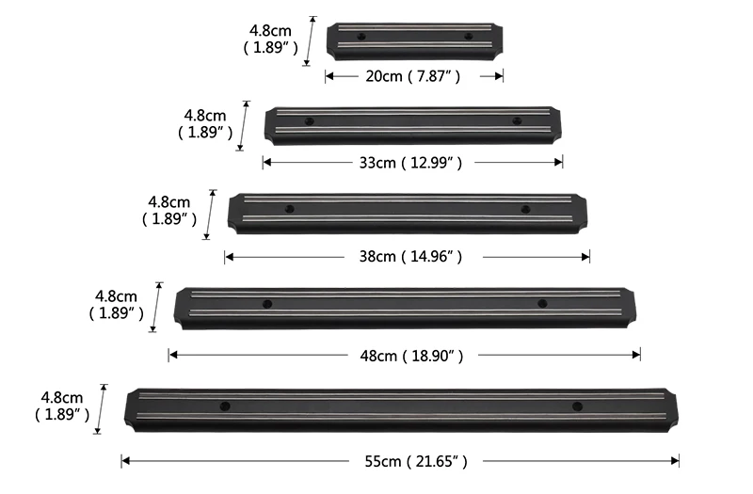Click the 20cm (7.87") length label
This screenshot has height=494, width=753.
click(x=413, y=76)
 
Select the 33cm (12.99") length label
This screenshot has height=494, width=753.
click(x=410, y=163)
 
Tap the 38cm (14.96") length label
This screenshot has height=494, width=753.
click(x=410, y=256)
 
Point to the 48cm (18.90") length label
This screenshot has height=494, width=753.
click(x=411, y=356)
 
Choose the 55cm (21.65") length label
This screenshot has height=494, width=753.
click(x=416, y=461)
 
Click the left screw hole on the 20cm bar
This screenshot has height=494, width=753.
click(x=361, y=37)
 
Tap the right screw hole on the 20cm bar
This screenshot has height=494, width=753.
click(x=468, y=36)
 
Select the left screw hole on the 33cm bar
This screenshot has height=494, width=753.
click(x=310, y=121)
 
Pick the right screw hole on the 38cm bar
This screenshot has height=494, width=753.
click(x=526, y=209)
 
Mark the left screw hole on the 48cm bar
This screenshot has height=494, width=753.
click(x=267, y=304)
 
